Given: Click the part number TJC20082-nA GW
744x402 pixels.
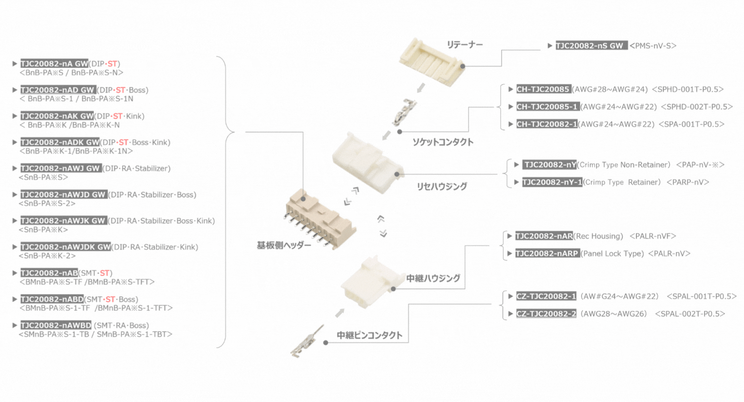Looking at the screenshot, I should click(54, 64).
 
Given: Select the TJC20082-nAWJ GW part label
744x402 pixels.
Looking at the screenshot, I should click(61, 168).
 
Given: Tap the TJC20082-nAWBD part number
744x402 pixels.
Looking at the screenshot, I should click(56, 325).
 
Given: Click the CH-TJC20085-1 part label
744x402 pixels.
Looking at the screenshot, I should click(547, 107).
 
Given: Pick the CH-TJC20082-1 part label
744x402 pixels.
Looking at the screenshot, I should click(547, 124).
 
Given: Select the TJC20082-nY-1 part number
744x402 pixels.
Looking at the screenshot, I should click(552, 182).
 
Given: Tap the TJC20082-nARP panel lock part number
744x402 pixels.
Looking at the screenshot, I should click(547, 254).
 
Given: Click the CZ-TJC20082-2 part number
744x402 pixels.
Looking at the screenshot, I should click(546, 314).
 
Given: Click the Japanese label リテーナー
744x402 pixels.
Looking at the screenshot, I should click(465, 44).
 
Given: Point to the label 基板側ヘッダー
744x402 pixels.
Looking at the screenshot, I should click(284, 245).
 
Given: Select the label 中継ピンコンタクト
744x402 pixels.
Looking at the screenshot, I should click(370, 335).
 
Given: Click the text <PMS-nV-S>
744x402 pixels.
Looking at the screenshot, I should click(653, 46).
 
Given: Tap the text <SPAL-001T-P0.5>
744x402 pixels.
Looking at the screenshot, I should click(701, 296).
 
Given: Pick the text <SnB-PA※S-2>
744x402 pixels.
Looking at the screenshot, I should click(47, 203).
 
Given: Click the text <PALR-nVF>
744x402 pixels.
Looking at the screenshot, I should click(653, 236).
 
